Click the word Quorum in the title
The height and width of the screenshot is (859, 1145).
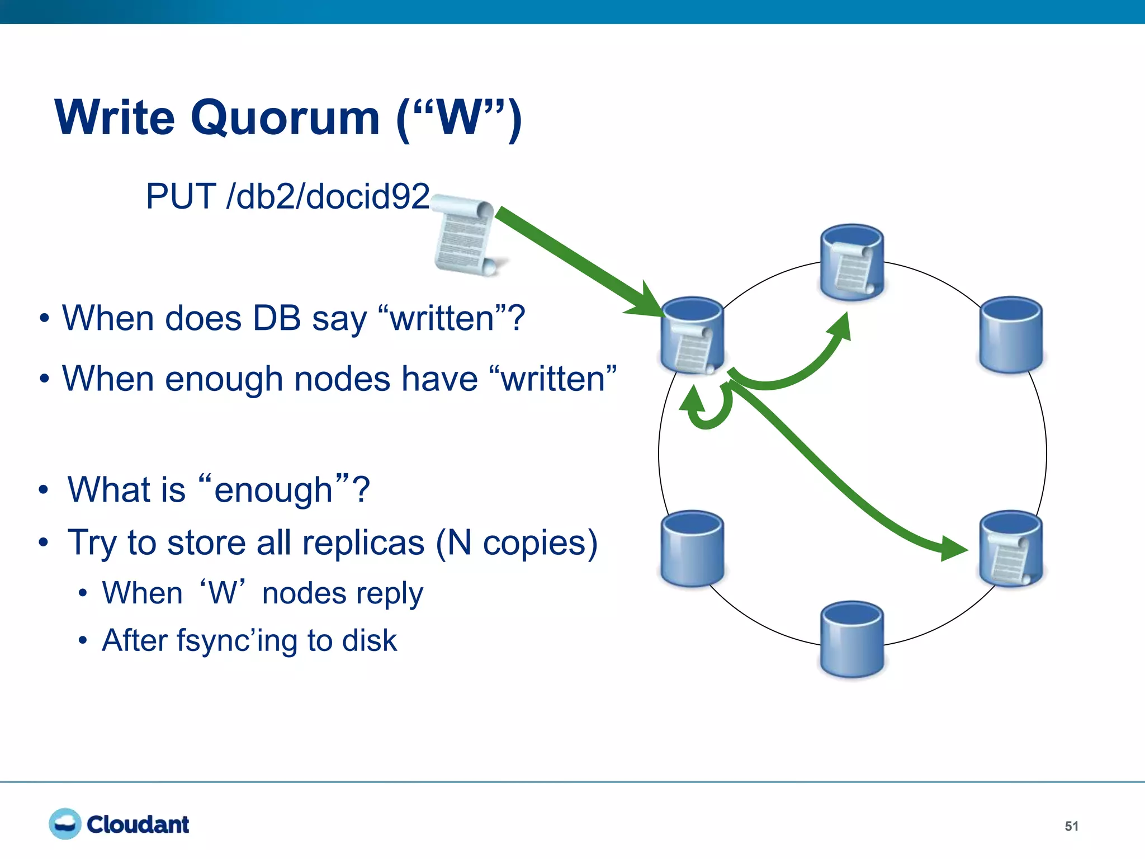pos(285,118)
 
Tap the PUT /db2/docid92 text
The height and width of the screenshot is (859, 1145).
pos(287,197)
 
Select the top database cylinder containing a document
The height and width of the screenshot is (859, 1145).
pos(851,263)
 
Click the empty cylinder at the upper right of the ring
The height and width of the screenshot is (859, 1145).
pos(1011,334)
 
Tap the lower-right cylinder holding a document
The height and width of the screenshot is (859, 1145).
pos(1011,549)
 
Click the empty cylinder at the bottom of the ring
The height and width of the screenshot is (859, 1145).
pos(851,639)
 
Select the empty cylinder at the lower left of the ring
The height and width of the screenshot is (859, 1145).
pos(692,549)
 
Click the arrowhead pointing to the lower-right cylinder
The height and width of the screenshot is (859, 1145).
pos(953,549)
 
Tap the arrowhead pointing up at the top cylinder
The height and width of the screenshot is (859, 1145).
pos(841,327)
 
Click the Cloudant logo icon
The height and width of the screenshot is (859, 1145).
pos(65,824)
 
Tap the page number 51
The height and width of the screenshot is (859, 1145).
pos(1071,826)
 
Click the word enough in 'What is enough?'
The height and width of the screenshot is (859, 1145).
pos(273,490)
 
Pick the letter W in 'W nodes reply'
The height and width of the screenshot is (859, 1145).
pos(223,593)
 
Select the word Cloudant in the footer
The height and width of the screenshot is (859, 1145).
pos(138,825)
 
